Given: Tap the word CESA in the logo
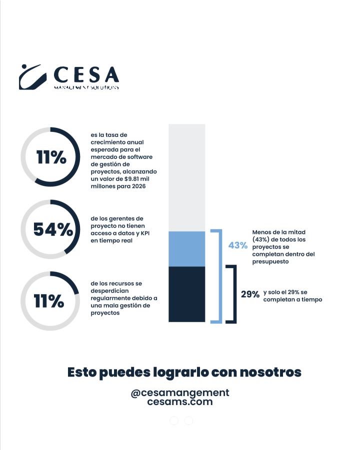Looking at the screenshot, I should [x=86, y=75].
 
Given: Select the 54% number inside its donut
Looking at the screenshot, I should [x=53, y=229].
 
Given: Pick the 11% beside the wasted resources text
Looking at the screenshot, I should [x=49, y=301].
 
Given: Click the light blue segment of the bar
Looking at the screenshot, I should [x=187, y=249].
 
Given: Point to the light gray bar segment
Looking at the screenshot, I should [x=187, y=177].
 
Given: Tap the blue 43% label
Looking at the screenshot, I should [x=237, y=245].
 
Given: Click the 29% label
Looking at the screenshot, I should [x=250, y=295].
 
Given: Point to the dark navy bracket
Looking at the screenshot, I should [x=232, y=294].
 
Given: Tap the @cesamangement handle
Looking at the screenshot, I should [x=179, y=393].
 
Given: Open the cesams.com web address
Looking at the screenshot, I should [x=179, y=402].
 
